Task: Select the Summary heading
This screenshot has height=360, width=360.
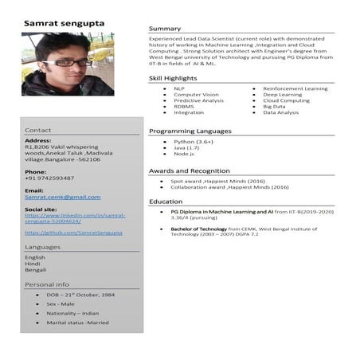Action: click(x=164, y=29)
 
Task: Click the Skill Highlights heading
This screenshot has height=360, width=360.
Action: click(x=173, y=78)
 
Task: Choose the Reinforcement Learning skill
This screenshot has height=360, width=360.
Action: click(x=295, y=88)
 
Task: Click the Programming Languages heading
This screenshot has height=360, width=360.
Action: click(x=190, y=131)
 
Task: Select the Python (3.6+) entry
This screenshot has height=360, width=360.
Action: click(x=194, y=141)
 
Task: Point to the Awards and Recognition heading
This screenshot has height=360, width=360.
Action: click(x=190, y=170)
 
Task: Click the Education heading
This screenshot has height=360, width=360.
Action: click(x=166, y=202)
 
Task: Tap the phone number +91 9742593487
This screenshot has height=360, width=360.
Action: click(x=49, y=178)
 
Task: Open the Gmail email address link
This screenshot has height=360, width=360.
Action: click(x=63, y=197)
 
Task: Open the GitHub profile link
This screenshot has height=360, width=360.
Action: click(x=73, y=233)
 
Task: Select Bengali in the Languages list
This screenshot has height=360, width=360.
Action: click(x=36, y=270)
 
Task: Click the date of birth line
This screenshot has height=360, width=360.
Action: click(x=80, y=295)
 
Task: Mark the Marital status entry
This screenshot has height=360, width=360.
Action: click(x=77, y=323)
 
